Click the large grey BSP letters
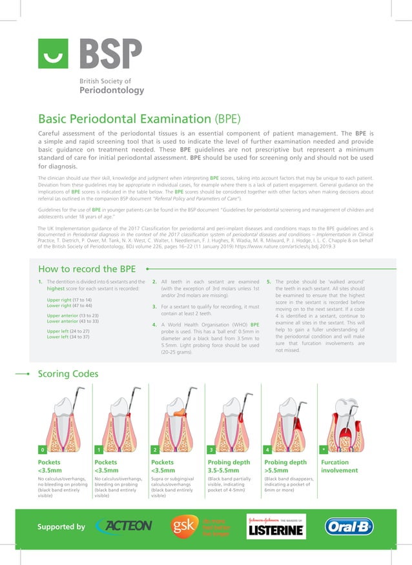tap(110, 54)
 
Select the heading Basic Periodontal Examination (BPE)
tap(139, 119)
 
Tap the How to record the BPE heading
tap(87, 268)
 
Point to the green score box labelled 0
tap(43, 449)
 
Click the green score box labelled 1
tap(99, 449)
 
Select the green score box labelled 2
tap(155, 449)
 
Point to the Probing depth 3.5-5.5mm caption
tap(229, 466)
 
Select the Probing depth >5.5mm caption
tap(285, 466)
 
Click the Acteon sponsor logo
tap(124, 527)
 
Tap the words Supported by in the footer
tap(61, 527)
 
